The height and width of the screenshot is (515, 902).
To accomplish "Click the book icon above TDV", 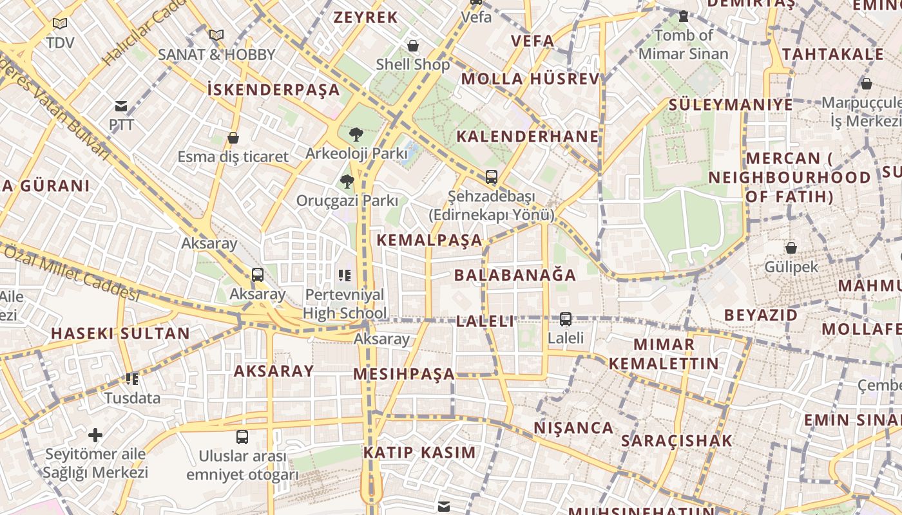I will coord(60,24).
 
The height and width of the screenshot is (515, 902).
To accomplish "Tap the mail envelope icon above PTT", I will coord(121,106).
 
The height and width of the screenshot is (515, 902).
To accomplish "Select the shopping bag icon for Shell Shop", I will coord(413,46).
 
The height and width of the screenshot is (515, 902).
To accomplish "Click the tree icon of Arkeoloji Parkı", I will coord(356,135).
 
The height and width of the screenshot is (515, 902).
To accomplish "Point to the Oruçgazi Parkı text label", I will coord(347,201).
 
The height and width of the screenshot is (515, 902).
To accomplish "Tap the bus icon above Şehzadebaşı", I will coord(492,177).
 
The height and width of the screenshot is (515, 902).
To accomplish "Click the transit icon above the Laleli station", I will coord(566,319).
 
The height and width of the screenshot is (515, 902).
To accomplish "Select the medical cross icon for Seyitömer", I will coord(95,435).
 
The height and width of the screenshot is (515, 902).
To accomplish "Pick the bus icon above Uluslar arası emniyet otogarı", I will coord(242,437).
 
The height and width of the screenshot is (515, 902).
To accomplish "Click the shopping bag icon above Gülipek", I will coord(791,248).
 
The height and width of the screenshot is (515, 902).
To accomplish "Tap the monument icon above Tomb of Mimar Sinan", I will coord(684,16).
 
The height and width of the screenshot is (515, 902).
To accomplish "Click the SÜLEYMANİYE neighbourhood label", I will coord(731,104).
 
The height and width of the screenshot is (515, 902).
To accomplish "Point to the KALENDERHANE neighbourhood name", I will coord(528,136).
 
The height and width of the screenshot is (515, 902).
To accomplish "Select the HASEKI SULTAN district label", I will coord(120,333).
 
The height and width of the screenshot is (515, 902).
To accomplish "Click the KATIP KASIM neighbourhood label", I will coord(419,453).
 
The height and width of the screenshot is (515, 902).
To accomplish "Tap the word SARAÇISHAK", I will coord(676,441).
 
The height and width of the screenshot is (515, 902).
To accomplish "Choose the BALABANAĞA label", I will coord(515,276).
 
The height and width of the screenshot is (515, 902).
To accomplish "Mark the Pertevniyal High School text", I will coord(345,304).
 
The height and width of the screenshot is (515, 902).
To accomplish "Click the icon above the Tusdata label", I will coord(132,379).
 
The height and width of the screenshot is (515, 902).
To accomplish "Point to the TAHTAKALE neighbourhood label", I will coord(832,54).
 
